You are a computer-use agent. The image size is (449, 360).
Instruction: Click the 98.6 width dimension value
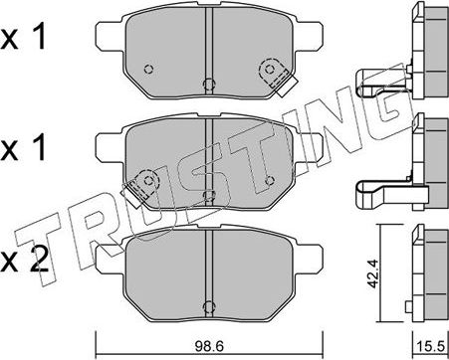[x=209, y=347]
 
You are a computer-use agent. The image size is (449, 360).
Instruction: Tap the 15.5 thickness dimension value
[x=430, y=347]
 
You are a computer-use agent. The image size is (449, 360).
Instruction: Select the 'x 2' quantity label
[x=24, y=262]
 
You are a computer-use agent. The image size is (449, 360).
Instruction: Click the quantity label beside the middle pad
[x=23, y=148]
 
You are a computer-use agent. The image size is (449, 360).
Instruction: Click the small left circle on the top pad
[x=149, y=69]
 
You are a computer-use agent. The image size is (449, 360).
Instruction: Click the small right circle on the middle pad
[x=270, y=180]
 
